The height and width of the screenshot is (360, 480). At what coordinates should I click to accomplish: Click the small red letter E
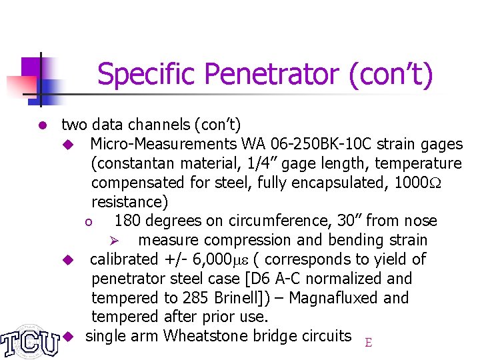[x=368, y=343]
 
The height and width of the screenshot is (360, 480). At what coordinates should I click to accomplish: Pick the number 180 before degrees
[x=127, y=221]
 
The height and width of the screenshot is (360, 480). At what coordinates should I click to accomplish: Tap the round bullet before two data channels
[x=41, y=125]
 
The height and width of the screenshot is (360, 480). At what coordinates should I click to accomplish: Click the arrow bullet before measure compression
[x=114, y=241]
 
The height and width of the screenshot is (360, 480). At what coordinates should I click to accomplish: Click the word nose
[x=419, y=221]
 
